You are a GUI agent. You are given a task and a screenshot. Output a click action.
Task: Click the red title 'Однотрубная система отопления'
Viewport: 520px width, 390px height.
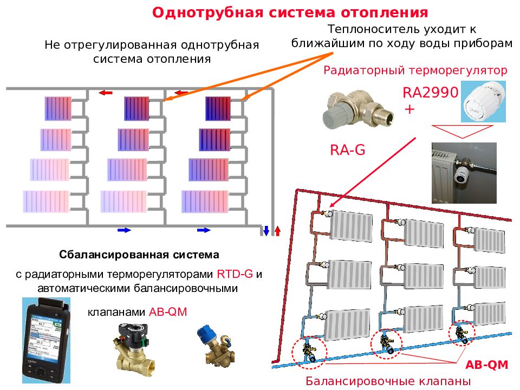pyautogui.click(x=290, y=12)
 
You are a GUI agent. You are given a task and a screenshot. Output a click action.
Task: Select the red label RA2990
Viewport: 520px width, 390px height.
pyautogui.click(x=431, y=93)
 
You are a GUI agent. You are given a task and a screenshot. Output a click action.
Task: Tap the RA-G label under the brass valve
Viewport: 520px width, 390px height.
pyautogui.click(x=348, y=150)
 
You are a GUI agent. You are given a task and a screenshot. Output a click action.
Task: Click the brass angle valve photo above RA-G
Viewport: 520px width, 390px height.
pyautogui.click(x=358, y=109)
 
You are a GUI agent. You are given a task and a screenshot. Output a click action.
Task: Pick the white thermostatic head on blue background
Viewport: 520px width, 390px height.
pyautogui.click(x=484, y=101)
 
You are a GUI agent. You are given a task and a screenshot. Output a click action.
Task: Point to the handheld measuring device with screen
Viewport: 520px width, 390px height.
pyautogui.click(x=46, y=340)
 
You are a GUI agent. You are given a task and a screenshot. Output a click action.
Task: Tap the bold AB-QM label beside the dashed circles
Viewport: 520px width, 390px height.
pyautogui.click(x=487, y=365)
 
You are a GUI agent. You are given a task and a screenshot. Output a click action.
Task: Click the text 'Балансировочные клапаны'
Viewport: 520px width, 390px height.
pyautogui.click(x=388, y=381)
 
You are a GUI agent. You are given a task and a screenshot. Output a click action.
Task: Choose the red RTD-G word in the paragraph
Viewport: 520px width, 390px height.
pyautogui.click(x=235, y=274)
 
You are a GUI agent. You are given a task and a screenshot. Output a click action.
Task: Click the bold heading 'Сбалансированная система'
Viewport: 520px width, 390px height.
pyautogui.click(x=139, y=255)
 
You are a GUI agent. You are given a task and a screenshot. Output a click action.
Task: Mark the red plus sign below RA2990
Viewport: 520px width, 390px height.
pyautogui.click(x=410, y=109)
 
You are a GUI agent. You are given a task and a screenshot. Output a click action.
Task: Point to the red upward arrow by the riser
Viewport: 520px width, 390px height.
pyautogui.click(x=277, y=231)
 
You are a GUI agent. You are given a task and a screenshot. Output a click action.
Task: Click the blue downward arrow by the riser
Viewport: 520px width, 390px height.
pyautogui.click(x=266, y=231)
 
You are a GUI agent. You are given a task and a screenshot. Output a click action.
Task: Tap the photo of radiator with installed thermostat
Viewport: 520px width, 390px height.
pyautogui.click(x=464, y=173)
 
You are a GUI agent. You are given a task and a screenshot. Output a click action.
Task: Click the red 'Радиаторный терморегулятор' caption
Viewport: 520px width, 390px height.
pyautogui.click(x=415, y=70)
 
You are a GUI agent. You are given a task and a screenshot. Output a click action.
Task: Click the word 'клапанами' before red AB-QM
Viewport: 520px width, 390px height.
pyautogui.click(x=116, y=312)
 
